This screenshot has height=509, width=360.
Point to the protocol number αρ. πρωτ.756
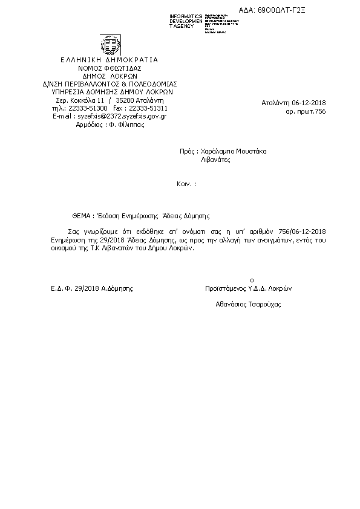pyautogui.click(x=306, y=112)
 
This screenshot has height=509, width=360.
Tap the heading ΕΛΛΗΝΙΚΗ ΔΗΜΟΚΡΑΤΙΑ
pyautogui.click(x=110, y=60)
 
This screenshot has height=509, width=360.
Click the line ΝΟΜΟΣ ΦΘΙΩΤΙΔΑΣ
pyautogui.click(x=110, y=68)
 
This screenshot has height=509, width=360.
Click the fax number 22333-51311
pyautogui.click(x=148, y=108)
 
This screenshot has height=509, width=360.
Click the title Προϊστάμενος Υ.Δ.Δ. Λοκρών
pyautogui.click(x=249, y=288)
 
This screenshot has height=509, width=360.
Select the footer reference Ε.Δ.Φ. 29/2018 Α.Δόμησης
pyautogui.click(x=92, y=288)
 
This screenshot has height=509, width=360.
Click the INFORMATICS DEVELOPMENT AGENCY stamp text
pyautogui.click(x=186, y=21)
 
